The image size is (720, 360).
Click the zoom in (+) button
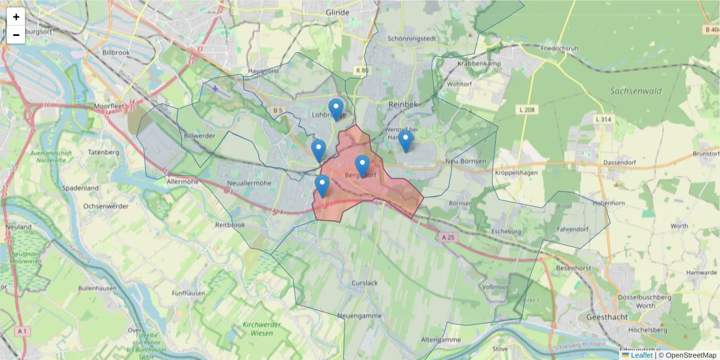pos(16,17)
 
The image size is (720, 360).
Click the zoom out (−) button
pos(16,35)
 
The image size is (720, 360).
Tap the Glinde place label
pos(337,12)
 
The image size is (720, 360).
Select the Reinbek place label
pos(402,104)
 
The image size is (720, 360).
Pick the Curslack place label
pos(365,283)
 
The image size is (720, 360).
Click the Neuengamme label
pos(359,315)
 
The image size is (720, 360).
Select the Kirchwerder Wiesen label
pos(262,329)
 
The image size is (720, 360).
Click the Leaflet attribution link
pos(641,355)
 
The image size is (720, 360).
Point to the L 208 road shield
pos(527,110)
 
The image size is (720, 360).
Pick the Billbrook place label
pos(116,53)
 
